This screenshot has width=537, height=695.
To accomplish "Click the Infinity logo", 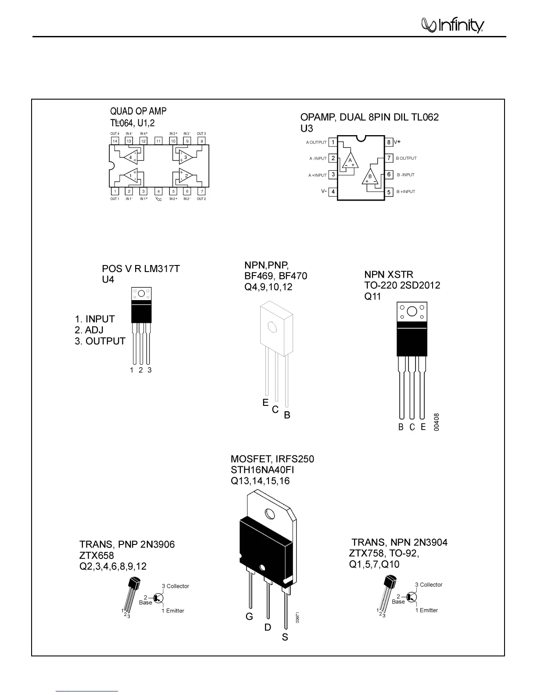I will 452,25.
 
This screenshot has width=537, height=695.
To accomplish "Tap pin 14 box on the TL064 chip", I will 115,141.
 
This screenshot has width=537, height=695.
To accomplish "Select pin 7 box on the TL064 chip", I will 201,191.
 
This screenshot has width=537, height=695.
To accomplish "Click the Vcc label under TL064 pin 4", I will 159,199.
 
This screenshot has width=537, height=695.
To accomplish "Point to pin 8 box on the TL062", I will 389,142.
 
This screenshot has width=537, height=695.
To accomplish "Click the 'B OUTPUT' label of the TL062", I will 406,158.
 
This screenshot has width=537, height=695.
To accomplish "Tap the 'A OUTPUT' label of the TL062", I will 316,143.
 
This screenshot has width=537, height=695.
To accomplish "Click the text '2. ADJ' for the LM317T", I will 89,330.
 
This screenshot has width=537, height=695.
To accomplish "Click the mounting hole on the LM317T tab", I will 141,294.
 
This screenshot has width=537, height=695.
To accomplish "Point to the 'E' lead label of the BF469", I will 265,402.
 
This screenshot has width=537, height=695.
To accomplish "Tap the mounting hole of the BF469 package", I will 271,327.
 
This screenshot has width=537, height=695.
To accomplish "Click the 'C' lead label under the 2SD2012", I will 412,427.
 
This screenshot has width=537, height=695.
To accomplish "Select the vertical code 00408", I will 436,422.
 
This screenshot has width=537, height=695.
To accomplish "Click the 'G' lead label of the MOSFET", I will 249,617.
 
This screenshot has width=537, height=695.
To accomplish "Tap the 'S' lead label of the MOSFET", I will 285,637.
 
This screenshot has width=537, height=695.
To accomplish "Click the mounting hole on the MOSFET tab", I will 269,513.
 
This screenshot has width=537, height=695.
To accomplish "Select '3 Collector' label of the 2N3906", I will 175,586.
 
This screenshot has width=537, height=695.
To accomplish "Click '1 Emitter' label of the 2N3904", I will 426,610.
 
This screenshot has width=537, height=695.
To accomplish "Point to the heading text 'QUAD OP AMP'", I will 138,111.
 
